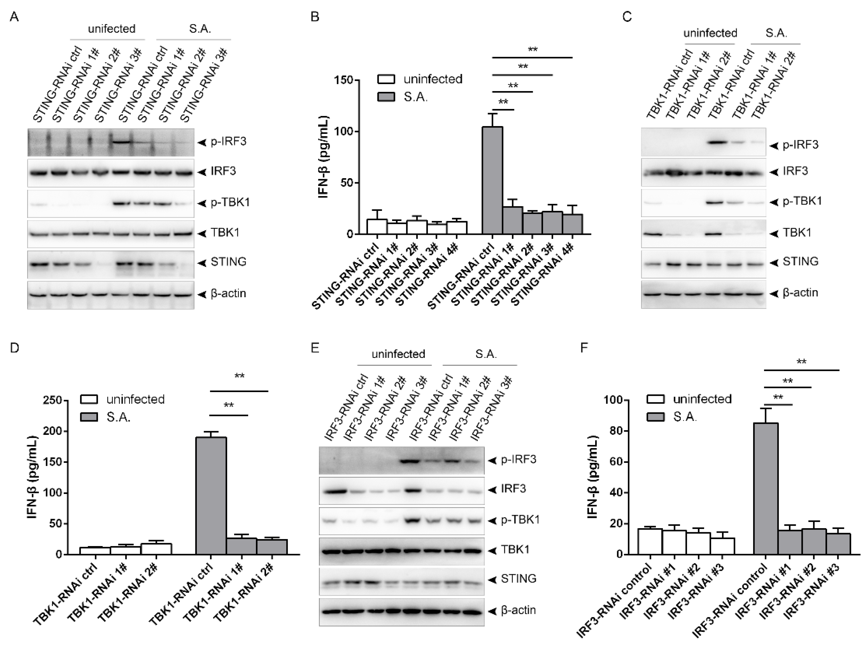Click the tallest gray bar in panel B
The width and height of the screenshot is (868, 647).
tap(492, 180)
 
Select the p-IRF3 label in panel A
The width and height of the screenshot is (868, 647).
tap(228, 141)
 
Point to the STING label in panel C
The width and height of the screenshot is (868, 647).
tap(800, 262)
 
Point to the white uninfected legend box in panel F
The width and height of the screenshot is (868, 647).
tap(655, 399)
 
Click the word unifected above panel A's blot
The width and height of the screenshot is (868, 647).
tap(112, 29)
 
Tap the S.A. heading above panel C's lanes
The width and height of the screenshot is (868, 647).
tap(776, 33)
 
